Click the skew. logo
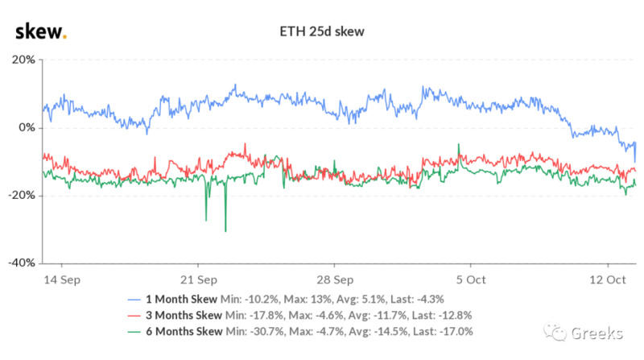coord(40,31)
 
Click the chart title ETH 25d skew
coord(322,33)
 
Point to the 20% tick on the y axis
coord(23,60)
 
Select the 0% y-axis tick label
coord(26,128)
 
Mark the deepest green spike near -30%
coord(225,230)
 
